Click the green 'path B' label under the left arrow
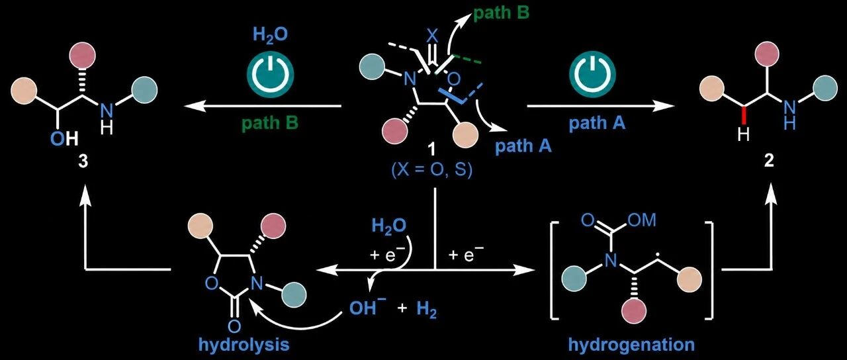coord(270,124)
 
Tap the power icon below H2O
coord(271,75)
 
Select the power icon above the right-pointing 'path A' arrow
coord(592,75)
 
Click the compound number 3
coord(83,161)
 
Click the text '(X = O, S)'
coord(432,170)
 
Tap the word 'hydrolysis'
coord(244,345)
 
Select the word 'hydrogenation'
coord(631,345)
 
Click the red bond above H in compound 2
coord(744,115)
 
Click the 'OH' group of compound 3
coord(64,140)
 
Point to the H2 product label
coord(427,310)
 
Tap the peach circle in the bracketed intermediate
coord(690,280)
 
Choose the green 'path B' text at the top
coord(502,13)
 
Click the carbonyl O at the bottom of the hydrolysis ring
coord(234,326)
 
